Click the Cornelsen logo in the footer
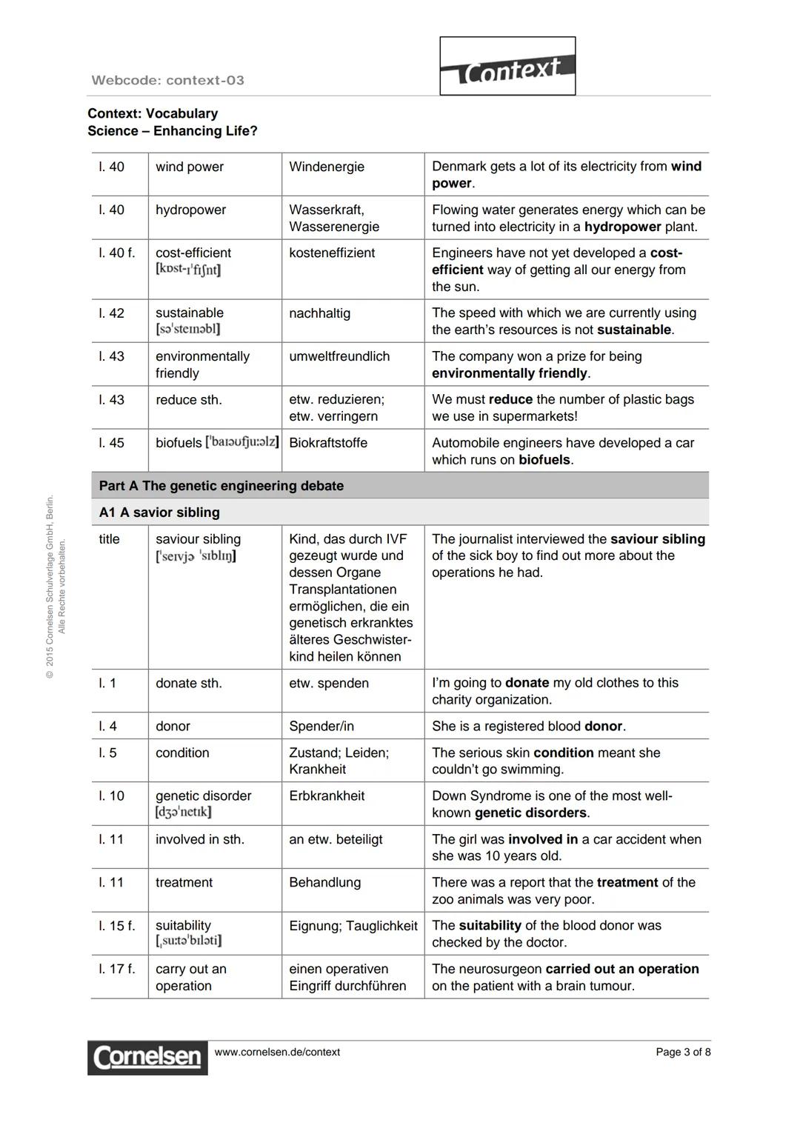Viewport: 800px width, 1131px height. (x=147, y=1057)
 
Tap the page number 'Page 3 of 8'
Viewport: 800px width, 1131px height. (x=682, y=1052)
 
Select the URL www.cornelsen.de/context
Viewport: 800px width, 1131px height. (x=277, y=1052)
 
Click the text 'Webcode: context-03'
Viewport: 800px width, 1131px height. (x=167, y=80)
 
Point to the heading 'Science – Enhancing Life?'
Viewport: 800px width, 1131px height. (x=173, y=131)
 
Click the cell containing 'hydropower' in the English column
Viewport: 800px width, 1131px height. (x=190, y=210)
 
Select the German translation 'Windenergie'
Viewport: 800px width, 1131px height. (x=327, y=167)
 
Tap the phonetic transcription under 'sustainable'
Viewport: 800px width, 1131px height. (x=187, y=329)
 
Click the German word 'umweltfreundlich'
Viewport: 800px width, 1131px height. (x=339, y=356)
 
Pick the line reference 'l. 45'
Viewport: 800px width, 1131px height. (x=112, y=443)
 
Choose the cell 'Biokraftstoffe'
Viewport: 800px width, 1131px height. (x=328, y=443)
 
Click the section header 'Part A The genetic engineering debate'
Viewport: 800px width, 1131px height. (x=221, y=486)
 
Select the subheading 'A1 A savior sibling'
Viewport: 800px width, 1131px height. (x=159, y=513)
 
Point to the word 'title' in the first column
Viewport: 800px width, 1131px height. (x=109, y=539)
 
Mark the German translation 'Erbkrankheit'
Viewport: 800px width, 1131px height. (x=327, y=796)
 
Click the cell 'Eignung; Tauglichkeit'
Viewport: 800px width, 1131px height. (x=353, y=926)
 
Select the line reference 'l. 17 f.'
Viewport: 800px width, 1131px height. (x=117, y=970)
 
